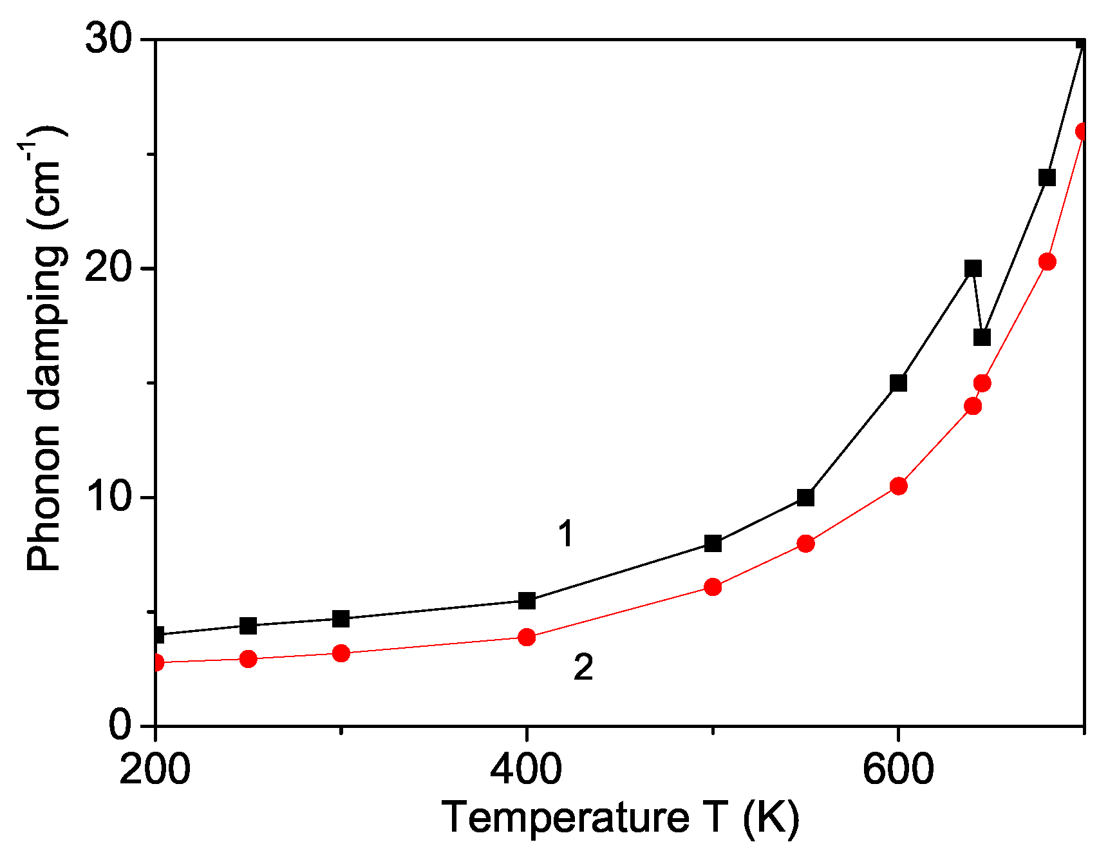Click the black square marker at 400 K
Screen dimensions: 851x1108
[x=527, y=600]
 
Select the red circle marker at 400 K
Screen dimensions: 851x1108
[x=527, y=637]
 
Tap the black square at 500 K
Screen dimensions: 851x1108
[x=713, y=543]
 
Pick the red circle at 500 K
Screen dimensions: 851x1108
[x=713, y=587]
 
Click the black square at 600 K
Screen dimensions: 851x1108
[x=898, y=383]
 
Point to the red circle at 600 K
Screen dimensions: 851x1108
[x=898, y=486]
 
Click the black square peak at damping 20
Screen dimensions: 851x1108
[x=973, y=269]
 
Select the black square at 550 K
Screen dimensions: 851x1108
[x=805, y=497]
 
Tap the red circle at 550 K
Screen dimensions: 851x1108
[x=805, y=544]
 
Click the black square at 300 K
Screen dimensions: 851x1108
[x=341, y=618]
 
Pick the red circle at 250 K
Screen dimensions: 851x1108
[x=248, y=658]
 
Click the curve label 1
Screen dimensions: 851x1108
[x=565, y=534]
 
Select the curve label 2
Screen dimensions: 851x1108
[x=583, y=667]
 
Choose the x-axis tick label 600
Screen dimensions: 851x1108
[x=897, y=769]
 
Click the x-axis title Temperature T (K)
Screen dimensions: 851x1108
[x=620, y=818]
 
